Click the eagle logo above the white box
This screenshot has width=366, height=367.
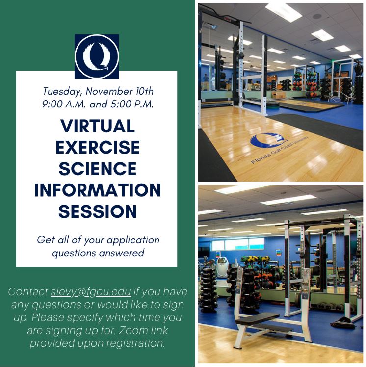(97, 56)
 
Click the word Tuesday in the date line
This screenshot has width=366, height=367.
(61, 91)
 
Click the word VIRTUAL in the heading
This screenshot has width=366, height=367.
(97, 126)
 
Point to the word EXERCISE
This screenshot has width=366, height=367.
(97, 147)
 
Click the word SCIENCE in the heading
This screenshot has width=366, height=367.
(97, 168)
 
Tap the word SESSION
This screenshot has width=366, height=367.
(97, 211)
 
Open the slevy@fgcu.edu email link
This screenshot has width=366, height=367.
(91, 292)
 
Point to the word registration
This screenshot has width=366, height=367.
(132, 343)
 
